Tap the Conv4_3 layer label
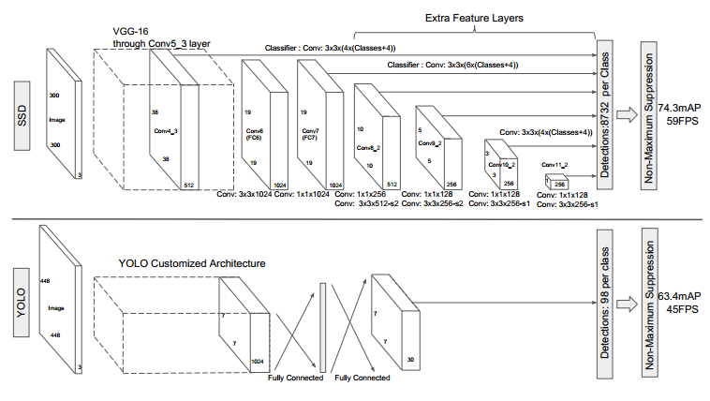(x=166, y=131)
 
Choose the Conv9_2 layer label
(x=430, y=141)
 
